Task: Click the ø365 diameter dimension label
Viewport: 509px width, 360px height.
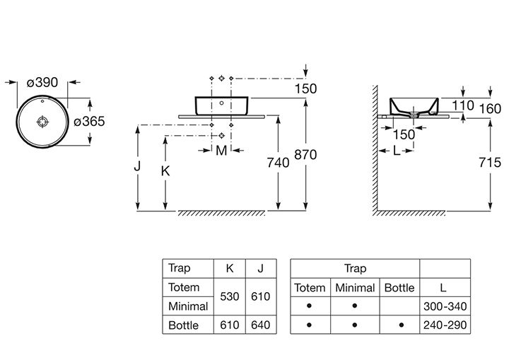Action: pos(90,122)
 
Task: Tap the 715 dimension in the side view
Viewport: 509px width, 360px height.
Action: pos(490,163)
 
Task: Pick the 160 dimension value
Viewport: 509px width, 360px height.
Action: pos(491,108)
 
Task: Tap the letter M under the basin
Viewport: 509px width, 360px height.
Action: pos(221,151)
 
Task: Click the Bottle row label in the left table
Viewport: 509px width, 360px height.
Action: pos(183,325)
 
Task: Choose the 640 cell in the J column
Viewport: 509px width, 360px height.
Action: pos(261,325)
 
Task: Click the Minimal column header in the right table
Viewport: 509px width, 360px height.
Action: pos(355,288)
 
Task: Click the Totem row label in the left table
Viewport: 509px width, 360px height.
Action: pos(184,288)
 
